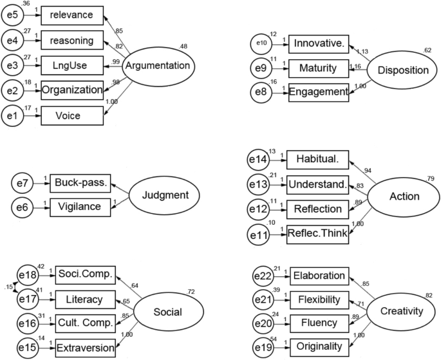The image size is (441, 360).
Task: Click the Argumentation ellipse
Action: coord(158,66)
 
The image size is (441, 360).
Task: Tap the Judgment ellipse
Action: coord(157,195)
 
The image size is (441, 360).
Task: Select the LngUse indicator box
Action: coord(72,65)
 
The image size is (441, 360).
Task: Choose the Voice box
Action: coord(72,115)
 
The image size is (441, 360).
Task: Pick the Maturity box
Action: coord(318,68)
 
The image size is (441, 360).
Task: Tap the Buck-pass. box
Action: coord(80,184)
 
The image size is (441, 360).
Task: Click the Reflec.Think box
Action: coord(318,234)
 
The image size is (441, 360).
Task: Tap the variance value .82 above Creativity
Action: coord(428,296)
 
